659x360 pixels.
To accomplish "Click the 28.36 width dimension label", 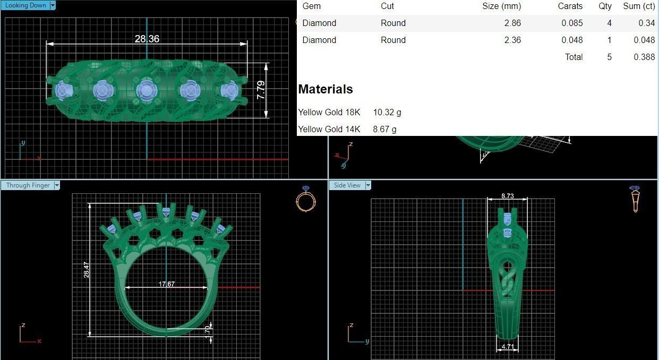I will (x=147, y=39).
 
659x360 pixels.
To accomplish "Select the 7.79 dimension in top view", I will (x=261, y=90).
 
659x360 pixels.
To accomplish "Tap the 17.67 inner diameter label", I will (x=167, y=284).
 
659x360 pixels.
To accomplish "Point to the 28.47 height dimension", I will (x=86, y=270).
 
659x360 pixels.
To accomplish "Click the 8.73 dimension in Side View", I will (x=508, y=196).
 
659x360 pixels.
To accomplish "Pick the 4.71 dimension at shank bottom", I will (x=507, y=347).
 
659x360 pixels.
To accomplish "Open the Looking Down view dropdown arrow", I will (x=52, y=5).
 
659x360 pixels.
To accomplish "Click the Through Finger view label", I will (x=28, y=185).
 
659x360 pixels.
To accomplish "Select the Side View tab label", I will (x=347, y=185).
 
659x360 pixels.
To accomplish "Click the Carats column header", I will (x=570, y=6).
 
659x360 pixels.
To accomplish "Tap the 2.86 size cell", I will (x=512, y=23).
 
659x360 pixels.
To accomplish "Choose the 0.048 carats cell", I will (x=572, y=40).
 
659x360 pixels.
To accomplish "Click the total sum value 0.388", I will (x=644, y=57).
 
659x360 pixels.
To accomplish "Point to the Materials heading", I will (x=326, y=89).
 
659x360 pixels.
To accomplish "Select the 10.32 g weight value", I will (x=387, y=112).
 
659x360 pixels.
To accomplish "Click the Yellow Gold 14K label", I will (x=329, y=129).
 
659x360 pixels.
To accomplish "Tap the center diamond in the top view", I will (x=146, y=91).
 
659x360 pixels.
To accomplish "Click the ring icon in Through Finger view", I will (x=305, y=199).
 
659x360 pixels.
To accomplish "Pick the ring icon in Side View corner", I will (x=635, y=199).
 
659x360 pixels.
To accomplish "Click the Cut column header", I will (x=387, y=6).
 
